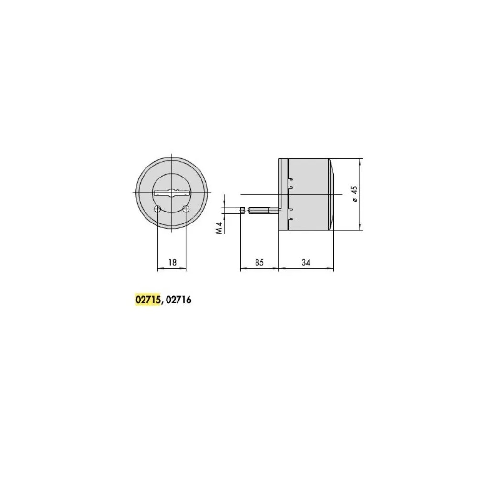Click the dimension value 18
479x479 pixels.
[x=173, y=262]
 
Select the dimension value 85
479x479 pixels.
[x=259, y=262]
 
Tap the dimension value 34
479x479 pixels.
[x=306, y=262]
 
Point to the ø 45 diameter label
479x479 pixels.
[x=355, y=194]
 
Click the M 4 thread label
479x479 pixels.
[x=219, y=228]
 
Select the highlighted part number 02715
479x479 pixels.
[x=148, y=300]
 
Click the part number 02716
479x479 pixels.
[x=179, y=300]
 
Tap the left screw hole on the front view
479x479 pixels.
[x=157, y=209]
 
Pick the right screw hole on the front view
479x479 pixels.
[x=186, y=209]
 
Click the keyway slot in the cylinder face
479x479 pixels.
[x=172, y=193]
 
